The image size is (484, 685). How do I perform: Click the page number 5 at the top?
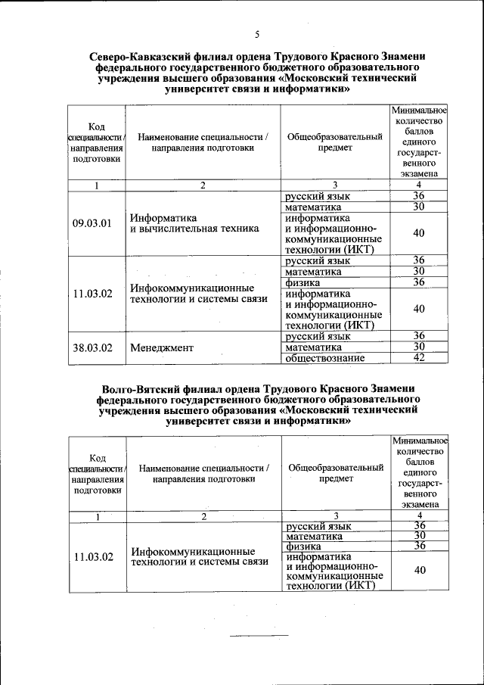pyautogui.click(x=257, y=35)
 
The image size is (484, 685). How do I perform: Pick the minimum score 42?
pyautogui.click(x=419, y=358)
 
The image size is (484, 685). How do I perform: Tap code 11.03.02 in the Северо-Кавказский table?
pyautogui.click(x=92, y=294)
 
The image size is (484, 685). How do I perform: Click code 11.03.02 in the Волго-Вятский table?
pyautogui.click(x=93, y=557)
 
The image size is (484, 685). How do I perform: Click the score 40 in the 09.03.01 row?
pyautogui.click(x=419, y=233)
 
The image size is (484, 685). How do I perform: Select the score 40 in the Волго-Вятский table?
pyautogui.click(x=419, y=571)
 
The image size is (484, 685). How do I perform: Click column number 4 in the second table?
pyautogui.click(x=418, y=516)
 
